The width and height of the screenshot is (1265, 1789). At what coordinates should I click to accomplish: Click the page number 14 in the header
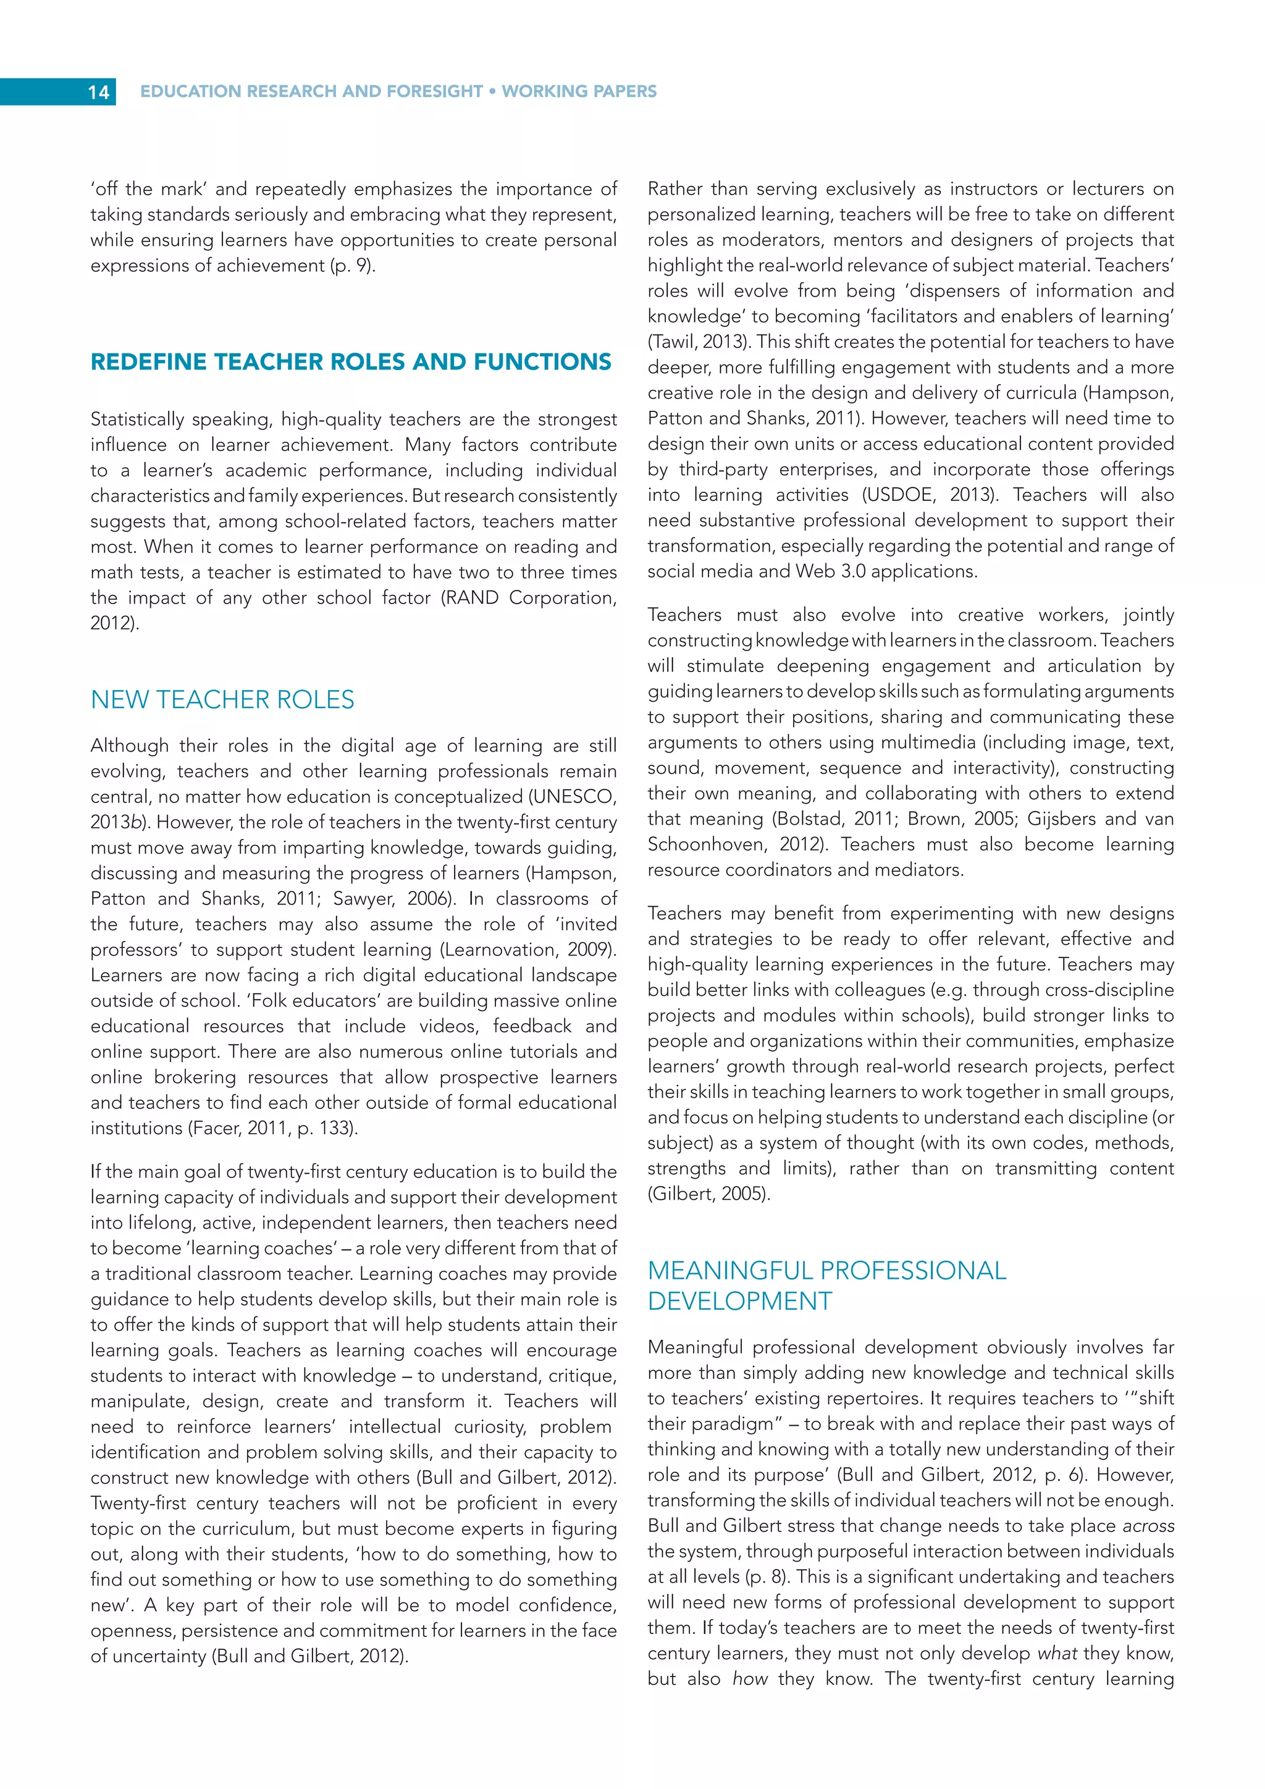[98, 92]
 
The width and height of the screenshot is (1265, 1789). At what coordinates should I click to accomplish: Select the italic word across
[1148, 1526]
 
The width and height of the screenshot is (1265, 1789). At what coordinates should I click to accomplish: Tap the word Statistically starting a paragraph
[137, 419]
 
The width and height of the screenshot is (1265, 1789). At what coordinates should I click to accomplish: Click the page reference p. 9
[353, 265]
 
